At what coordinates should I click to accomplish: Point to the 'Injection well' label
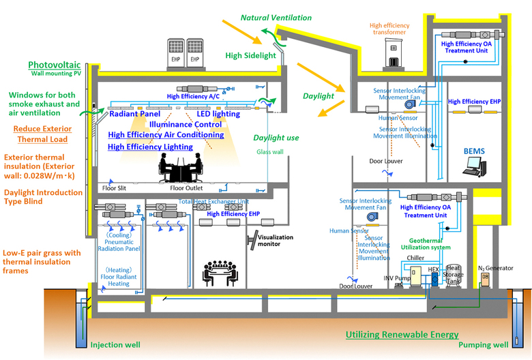coord(115,345)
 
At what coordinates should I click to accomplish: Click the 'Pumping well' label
coord(484,345)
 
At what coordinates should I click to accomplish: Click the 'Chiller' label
coord(415,258)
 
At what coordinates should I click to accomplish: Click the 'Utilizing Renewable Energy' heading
coord(402,335)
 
